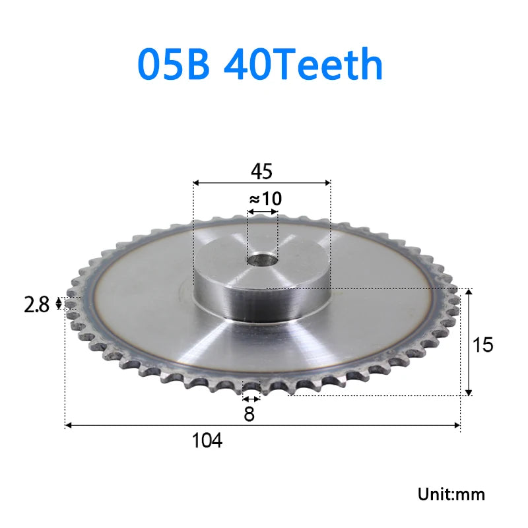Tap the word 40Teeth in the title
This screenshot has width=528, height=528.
coord(304,65)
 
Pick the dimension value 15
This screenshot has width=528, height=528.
coord(483,344)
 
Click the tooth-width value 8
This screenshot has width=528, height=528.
coord(249,414)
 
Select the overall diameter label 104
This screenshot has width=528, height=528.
coord(207,440)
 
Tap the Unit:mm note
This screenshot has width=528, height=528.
coord(451,494)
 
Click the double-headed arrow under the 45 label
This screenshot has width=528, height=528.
coord(261,183)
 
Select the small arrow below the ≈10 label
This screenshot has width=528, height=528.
coord(263,212)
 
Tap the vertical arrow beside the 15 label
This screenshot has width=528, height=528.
coord(469,342)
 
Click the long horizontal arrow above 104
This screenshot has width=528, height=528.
coord(263,426)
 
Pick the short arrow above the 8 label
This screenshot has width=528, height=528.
coord(250,399)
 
